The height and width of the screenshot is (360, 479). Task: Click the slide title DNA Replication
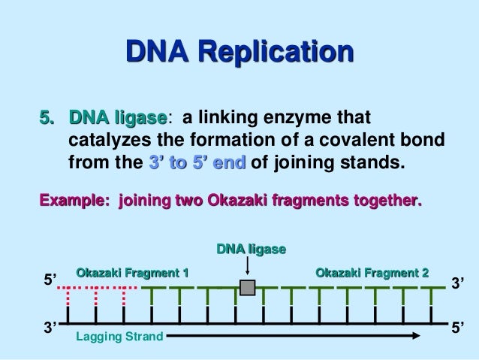tap(239, 53)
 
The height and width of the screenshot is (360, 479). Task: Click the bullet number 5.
tap(47, 119)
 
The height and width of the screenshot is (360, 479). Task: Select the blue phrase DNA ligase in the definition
tap(117, 119)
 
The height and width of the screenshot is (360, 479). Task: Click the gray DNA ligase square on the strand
tap(247, 288)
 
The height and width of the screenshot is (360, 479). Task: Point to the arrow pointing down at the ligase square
tap(247, 268)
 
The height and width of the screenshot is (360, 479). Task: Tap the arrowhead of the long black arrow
tap(413, 337)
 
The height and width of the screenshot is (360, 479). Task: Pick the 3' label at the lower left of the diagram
tap(50, 327)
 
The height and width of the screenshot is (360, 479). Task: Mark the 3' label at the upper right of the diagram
tap(458, 283)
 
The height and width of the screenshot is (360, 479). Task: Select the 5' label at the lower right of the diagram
tap(458, 327)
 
